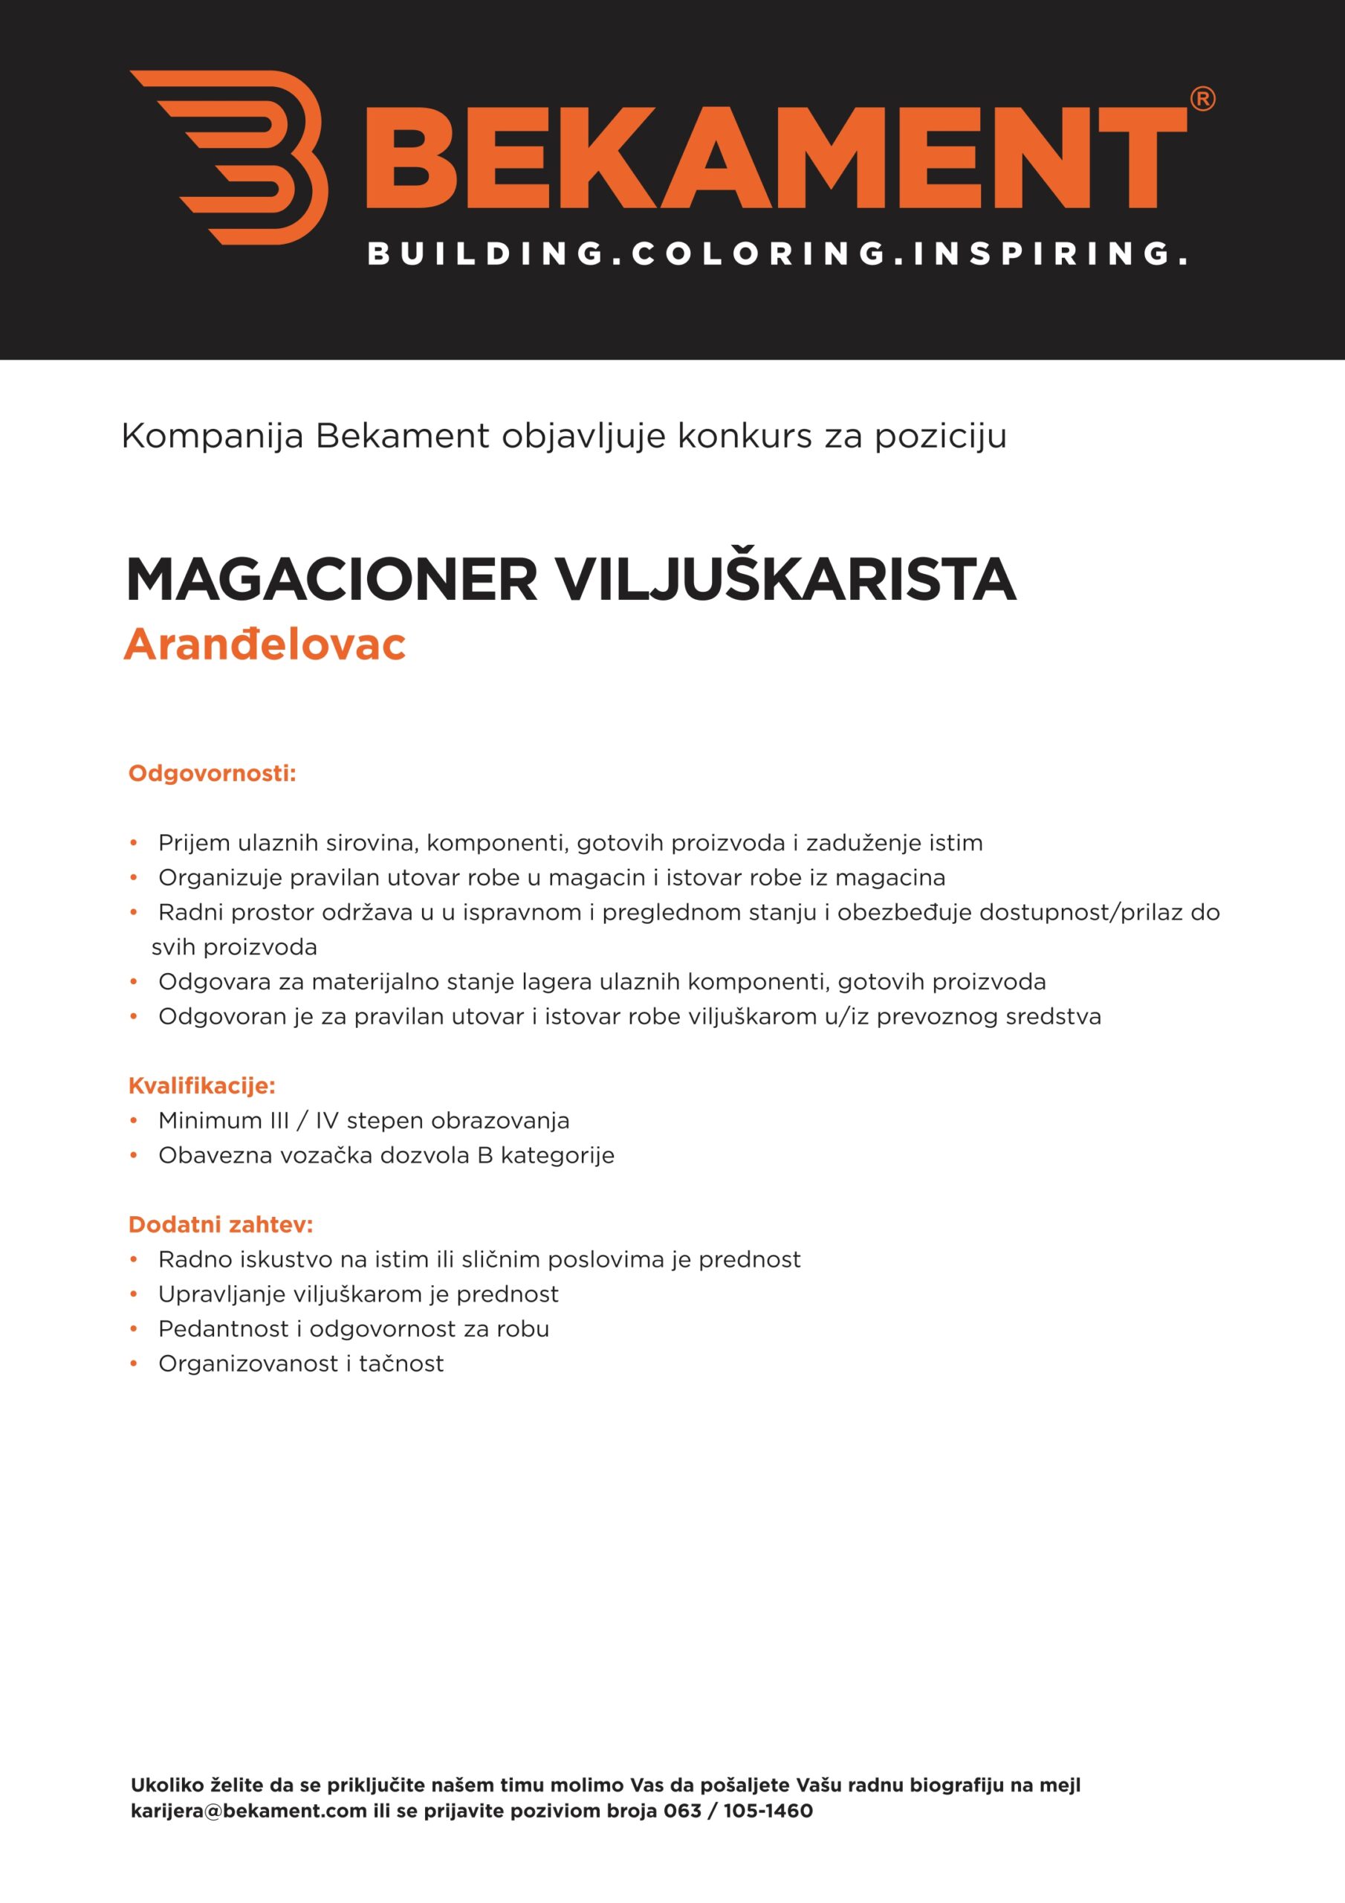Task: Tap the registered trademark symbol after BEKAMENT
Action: point(1202,100)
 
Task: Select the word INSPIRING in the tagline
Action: point(1040,253)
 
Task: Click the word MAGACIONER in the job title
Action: point(331,580)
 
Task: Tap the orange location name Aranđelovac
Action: point(265,644)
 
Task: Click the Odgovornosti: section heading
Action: point(212,773)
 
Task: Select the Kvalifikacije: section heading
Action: point(201,1085)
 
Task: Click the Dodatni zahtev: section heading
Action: point(221,1224)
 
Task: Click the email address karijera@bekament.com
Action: point(249,1811)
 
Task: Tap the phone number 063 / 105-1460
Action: point(738,1811)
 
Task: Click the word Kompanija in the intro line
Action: point(213,436)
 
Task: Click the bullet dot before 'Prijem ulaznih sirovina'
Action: point(134,843)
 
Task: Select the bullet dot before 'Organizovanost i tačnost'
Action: point(134,1363)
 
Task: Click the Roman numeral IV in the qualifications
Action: point(326,1120)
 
